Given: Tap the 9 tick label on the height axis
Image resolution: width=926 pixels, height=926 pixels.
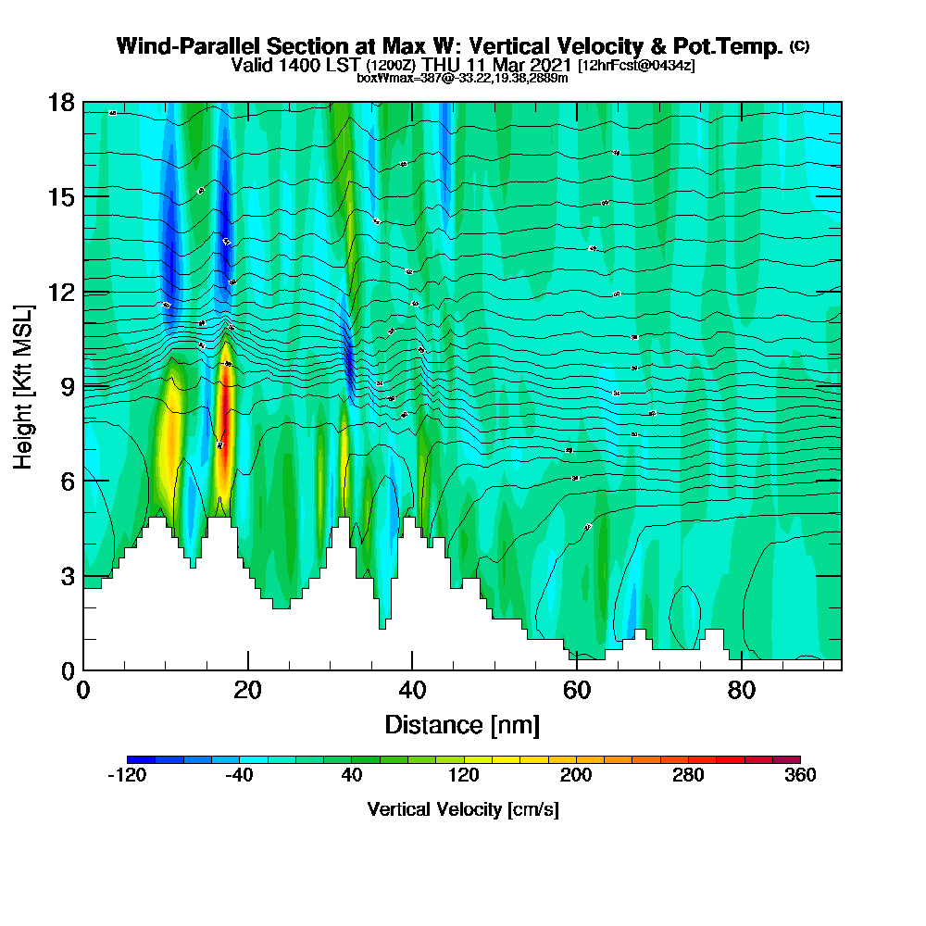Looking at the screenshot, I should (66, 386).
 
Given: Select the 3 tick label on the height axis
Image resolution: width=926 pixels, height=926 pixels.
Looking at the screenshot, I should (66, 576).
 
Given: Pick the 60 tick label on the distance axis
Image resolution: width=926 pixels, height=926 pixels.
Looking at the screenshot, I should (576, 690).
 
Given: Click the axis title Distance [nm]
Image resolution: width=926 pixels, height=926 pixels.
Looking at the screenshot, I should (462, 724).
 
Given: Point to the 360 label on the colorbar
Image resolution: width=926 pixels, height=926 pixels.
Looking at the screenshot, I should (799, 776).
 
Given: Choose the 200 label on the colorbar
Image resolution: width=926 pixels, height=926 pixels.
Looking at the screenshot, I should (575, 776).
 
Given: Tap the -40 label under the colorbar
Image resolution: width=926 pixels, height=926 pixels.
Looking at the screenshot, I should (239, 776).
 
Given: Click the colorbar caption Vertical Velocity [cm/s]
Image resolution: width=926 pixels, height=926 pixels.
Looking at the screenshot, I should (462, 809).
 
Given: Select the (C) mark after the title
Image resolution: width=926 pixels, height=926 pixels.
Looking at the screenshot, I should (799, 45).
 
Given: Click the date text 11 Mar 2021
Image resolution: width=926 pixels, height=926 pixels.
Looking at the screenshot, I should (518, 65).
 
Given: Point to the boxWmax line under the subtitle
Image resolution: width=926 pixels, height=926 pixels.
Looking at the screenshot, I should (462, 78).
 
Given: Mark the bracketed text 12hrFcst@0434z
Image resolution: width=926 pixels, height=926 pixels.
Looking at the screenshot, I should (636, 66).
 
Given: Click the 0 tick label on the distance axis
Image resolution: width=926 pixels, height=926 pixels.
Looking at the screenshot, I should (83, 690).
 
